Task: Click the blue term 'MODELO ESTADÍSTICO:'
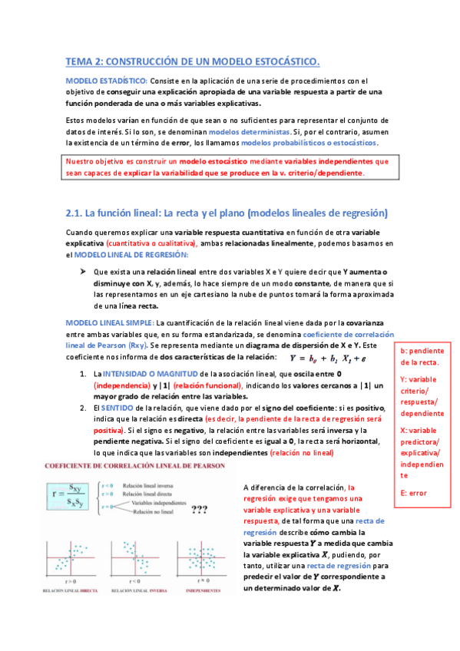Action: click(x=107, y=80)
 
